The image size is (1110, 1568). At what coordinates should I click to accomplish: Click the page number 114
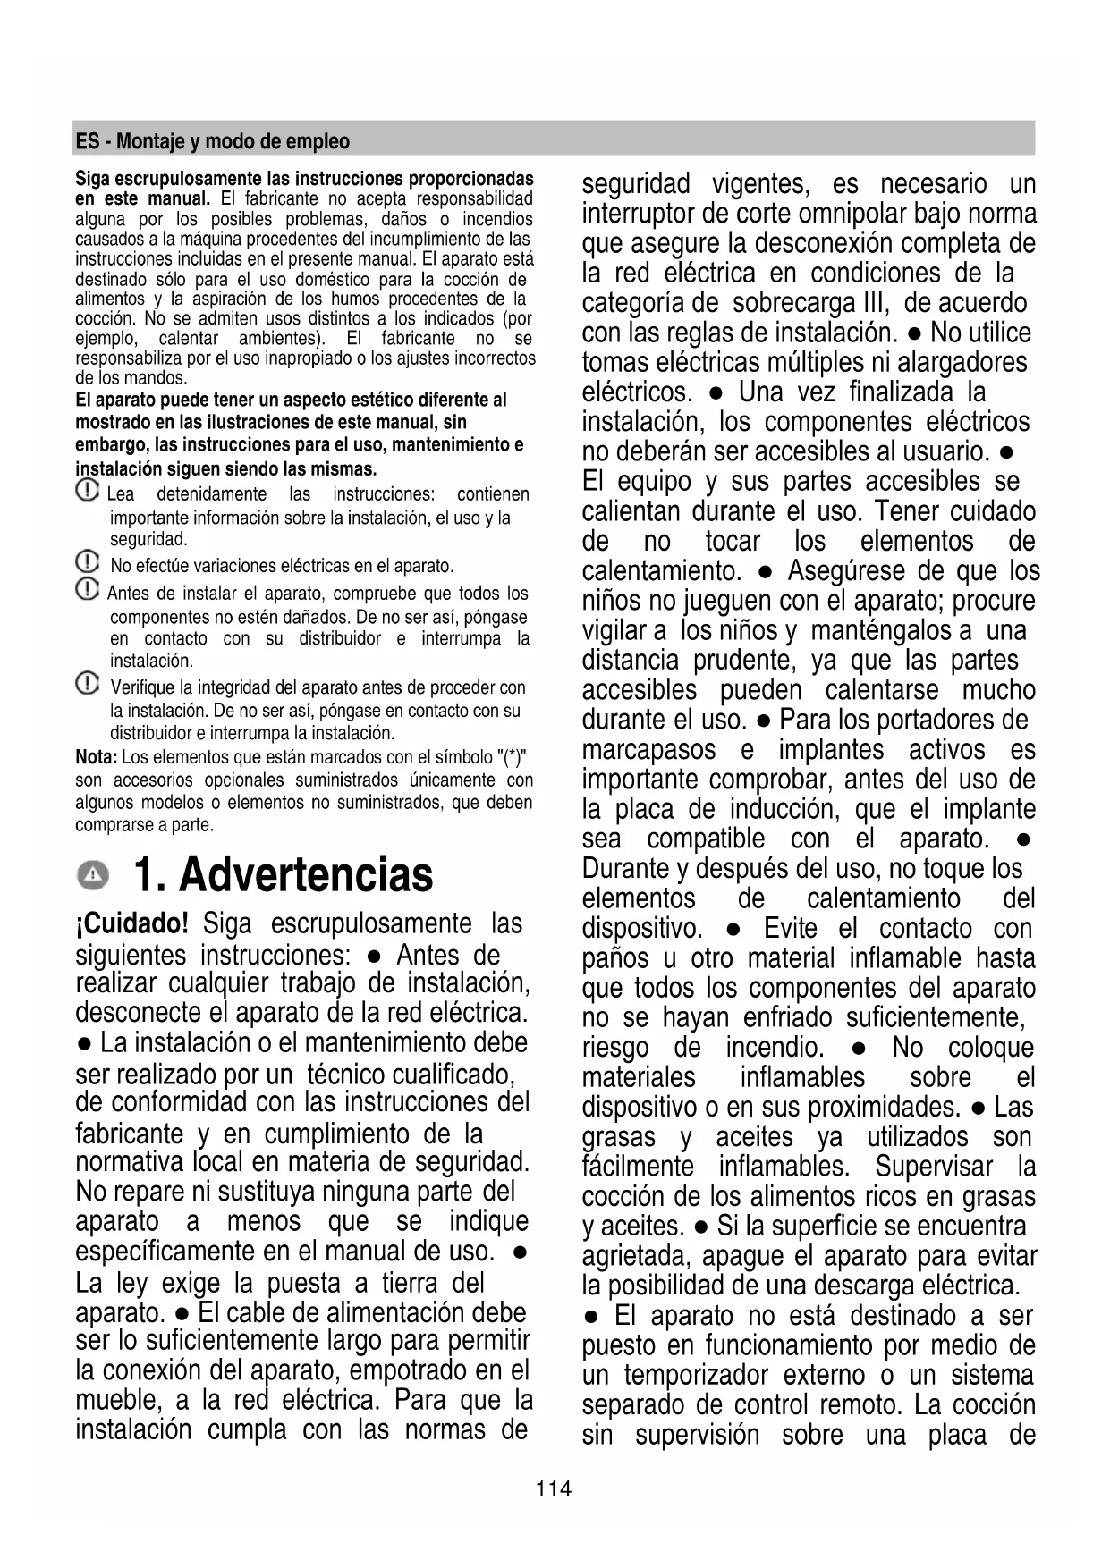pyautogui.click(x=554, y=1489)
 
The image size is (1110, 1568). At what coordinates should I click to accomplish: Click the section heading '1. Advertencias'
pyautogui.click(x=283, y=875)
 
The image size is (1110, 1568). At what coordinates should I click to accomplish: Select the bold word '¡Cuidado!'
pyautogui.click(x=131, y=923)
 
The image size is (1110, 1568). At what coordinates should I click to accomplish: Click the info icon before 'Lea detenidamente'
pyautogui.click(x=87, y=492)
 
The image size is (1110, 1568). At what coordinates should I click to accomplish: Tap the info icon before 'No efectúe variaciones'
pyautogui.click(x=87, y=563)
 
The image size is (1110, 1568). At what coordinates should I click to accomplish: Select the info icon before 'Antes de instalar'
pyautogui.click(x=87, y=590)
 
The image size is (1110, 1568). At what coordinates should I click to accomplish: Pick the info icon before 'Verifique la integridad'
pyautogui.click(x=87, y=685)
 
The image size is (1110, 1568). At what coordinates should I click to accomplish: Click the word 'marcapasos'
pyautogui.click(x=648, y=749)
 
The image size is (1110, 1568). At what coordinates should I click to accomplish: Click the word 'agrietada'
pyautogui.click(x=636, y=1256)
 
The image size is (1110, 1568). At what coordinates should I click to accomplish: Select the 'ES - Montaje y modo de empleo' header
pyautogui.click(x=213, y=141)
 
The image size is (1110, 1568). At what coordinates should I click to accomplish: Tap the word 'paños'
pyautogui.click(x=614, y=958)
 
